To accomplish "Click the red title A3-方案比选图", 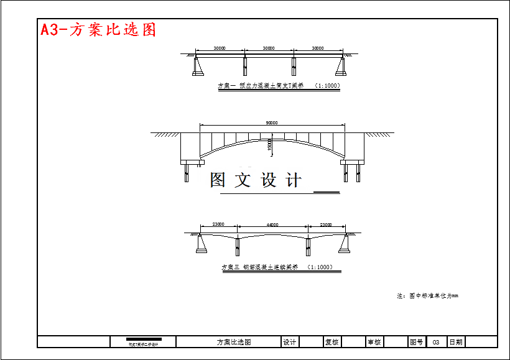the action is point(98,29).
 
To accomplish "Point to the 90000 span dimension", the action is point(272,123).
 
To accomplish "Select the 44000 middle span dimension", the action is point(272,224).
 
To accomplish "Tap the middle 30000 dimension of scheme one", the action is point(269,48).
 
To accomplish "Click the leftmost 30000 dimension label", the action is point(220,48).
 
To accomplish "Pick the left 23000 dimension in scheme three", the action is point(218,224).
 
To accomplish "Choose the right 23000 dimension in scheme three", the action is point(326,224).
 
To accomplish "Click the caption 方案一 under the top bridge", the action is point(227,86).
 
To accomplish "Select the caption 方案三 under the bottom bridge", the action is point(231,267).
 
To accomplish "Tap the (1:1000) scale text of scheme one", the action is point(327,86).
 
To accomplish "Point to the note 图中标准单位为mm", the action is point(427,296).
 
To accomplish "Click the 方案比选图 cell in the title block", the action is point(234,342).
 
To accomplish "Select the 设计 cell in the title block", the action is point(290,342).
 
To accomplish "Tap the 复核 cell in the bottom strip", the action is point(331,342).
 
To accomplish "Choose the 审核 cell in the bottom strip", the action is point(374,342).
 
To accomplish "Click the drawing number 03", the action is point(436,342).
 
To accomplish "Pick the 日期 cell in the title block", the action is point(456,342).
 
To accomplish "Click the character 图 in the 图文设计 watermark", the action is point(218,180).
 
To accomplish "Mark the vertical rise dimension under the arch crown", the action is point(269,144).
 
